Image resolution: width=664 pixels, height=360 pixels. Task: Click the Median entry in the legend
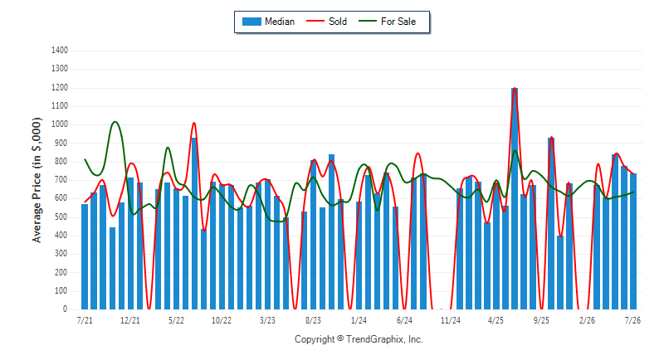[x=268, y=22]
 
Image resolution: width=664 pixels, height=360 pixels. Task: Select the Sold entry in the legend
[x=326, y=22]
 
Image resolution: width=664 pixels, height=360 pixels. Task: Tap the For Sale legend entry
[x=388, y=22]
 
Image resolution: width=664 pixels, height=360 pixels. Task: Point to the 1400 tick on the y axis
[x=60, y=51]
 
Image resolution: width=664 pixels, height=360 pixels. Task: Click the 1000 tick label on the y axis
[x=60, y=124]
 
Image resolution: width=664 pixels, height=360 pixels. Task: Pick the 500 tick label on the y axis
[x=61, y=217]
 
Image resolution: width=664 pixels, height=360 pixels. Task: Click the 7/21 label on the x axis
[x=85, y=321]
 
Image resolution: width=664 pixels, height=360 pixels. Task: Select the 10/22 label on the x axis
[x=222, y=321]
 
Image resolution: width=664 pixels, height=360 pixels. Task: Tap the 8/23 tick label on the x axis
[x=313, y=321]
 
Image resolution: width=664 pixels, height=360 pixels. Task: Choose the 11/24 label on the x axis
[x=450, y=321]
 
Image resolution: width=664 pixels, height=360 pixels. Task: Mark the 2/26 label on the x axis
[x=587, y=321]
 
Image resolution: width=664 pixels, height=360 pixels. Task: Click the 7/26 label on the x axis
[x=632, y=321]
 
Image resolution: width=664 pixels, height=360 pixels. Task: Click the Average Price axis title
[x=37, y=180]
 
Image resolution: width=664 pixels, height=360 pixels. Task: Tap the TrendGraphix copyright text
[x=359, y=339]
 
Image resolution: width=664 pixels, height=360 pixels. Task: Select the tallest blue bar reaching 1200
[x=515, y=198]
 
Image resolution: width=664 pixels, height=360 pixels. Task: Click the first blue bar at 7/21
[x=85, y=257]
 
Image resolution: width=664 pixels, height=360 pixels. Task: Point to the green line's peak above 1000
[x=115, y=122]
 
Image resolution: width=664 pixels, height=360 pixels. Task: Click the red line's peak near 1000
[x=194, y=123]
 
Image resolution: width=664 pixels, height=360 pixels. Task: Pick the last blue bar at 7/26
[x=633, y=241]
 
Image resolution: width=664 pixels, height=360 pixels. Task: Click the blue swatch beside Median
[x=251, y=22]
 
